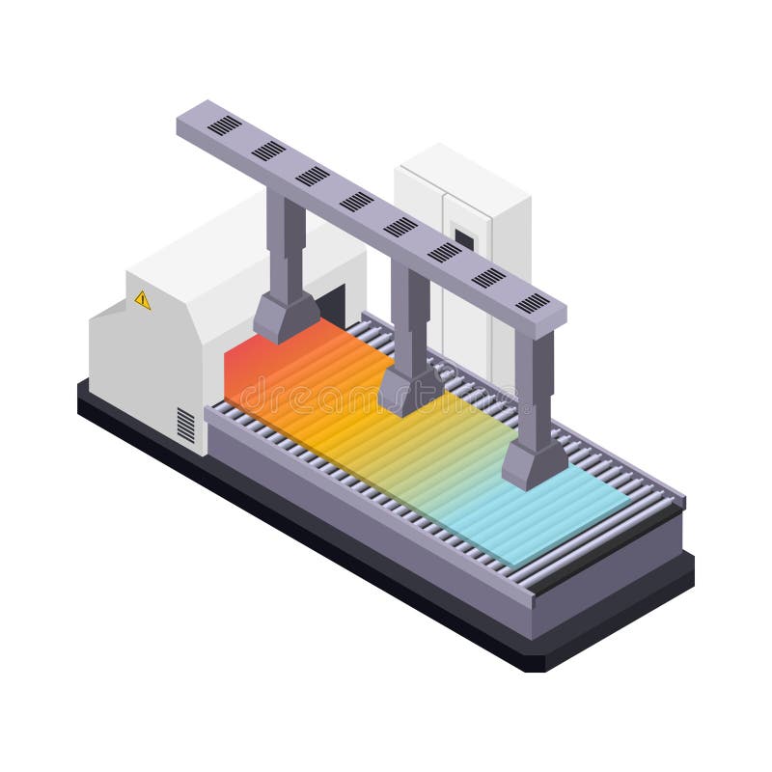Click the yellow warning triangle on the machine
click(x=143, y=300)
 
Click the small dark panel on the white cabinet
click(x=464, y=237)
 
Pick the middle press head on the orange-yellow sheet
click(x=409, y=388)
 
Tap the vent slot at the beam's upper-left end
click(x=224, y=124)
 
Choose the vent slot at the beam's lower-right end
click(x=532, y=303)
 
